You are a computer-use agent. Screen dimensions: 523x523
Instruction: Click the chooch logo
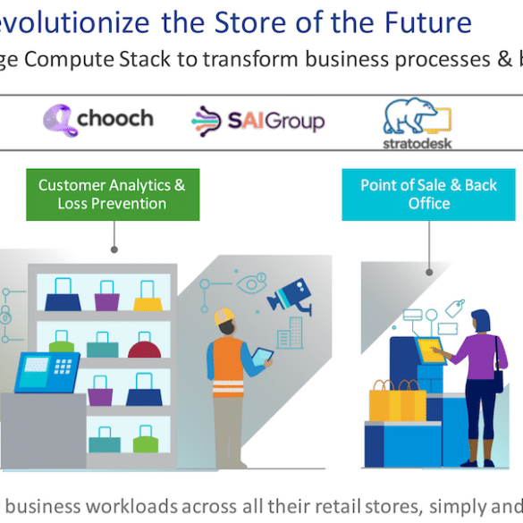point(98,120)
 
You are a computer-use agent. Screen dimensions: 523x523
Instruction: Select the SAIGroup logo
point(257,121)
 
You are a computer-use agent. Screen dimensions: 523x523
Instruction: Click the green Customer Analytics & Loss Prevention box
point(113,195)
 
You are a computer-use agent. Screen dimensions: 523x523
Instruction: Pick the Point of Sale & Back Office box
point(428,195)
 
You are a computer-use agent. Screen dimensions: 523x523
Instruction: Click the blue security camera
point(290,296)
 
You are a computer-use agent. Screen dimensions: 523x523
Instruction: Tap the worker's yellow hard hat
point(224,316)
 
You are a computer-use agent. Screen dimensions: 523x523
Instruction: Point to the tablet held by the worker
point(262,357)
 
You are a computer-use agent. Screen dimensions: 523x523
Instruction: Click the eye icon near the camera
point(251,283)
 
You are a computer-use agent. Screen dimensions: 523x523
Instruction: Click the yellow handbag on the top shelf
point(148,296)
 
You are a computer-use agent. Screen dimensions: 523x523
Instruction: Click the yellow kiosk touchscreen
point(431,350)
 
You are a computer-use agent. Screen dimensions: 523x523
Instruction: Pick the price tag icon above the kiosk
point(455,308)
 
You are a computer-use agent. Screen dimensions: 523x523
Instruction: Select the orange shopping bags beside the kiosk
point(397,401)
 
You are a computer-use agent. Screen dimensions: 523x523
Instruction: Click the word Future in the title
point(428,22)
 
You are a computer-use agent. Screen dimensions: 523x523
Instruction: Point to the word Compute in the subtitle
point(70,60)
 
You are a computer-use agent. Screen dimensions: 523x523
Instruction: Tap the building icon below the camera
point(290,333)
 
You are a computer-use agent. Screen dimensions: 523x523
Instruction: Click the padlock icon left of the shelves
point(5,315)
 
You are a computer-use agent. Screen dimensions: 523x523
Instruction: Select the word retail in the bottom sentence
point(338,506)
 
